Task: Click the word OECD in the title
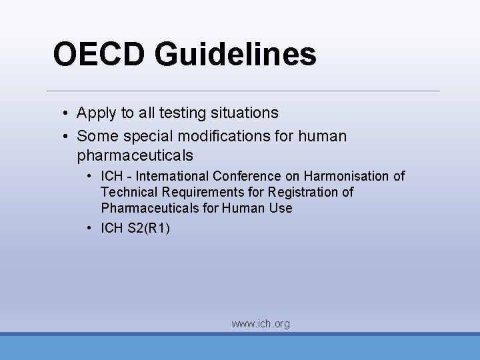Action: click(x=99, y=54)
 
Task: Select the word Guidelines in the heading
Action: click(x=235, y=55)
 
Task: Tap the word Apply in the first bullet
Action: click(x=97, y=113)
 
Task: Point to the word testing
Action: click(x=187, y=113)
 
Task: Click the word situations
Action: click(x=246, y=113)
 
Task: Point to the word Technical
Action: click(x=127, y=192)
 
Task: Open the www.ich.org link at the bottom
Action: click(x=261, y=324)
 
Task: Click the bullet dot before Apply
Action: click(x=68, y=113)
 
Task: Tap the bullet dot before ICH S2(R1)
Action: click(x=89, y=228)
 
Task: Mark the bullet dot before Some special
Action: click(x=68, y=137)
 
